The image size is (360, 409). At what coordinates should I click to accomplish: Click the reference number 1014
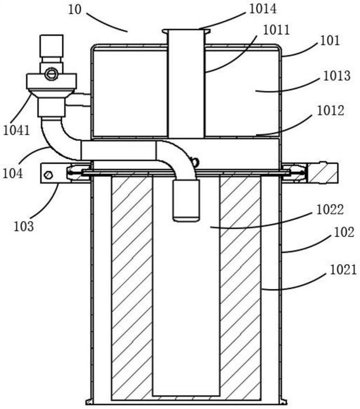(x=262, y=9)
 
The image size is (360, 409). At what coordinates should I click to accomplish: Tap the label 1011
(x=276, y=30)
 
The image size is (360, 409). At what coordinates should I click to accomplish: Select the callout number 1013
(x=337, y=76)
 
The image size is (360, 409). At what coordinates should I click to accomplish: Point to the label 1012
(x=330, y=110)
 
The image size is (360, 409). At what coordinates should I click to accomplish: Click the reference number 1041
(x=17, y=130)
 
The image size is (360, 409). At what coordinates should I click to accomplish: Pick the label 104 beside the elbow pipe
(x=12, y=173)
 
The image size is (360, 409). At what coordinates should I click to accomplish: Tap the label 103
(x=23, y=226)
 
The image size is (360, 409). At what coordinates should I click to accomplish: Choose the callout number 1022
(x=330, y=210)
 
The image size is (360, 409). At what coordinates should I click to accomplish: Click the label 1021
(x=343, y=270)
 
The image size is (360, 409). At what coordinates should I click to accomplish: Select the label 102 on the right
(x=344, y=232)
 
